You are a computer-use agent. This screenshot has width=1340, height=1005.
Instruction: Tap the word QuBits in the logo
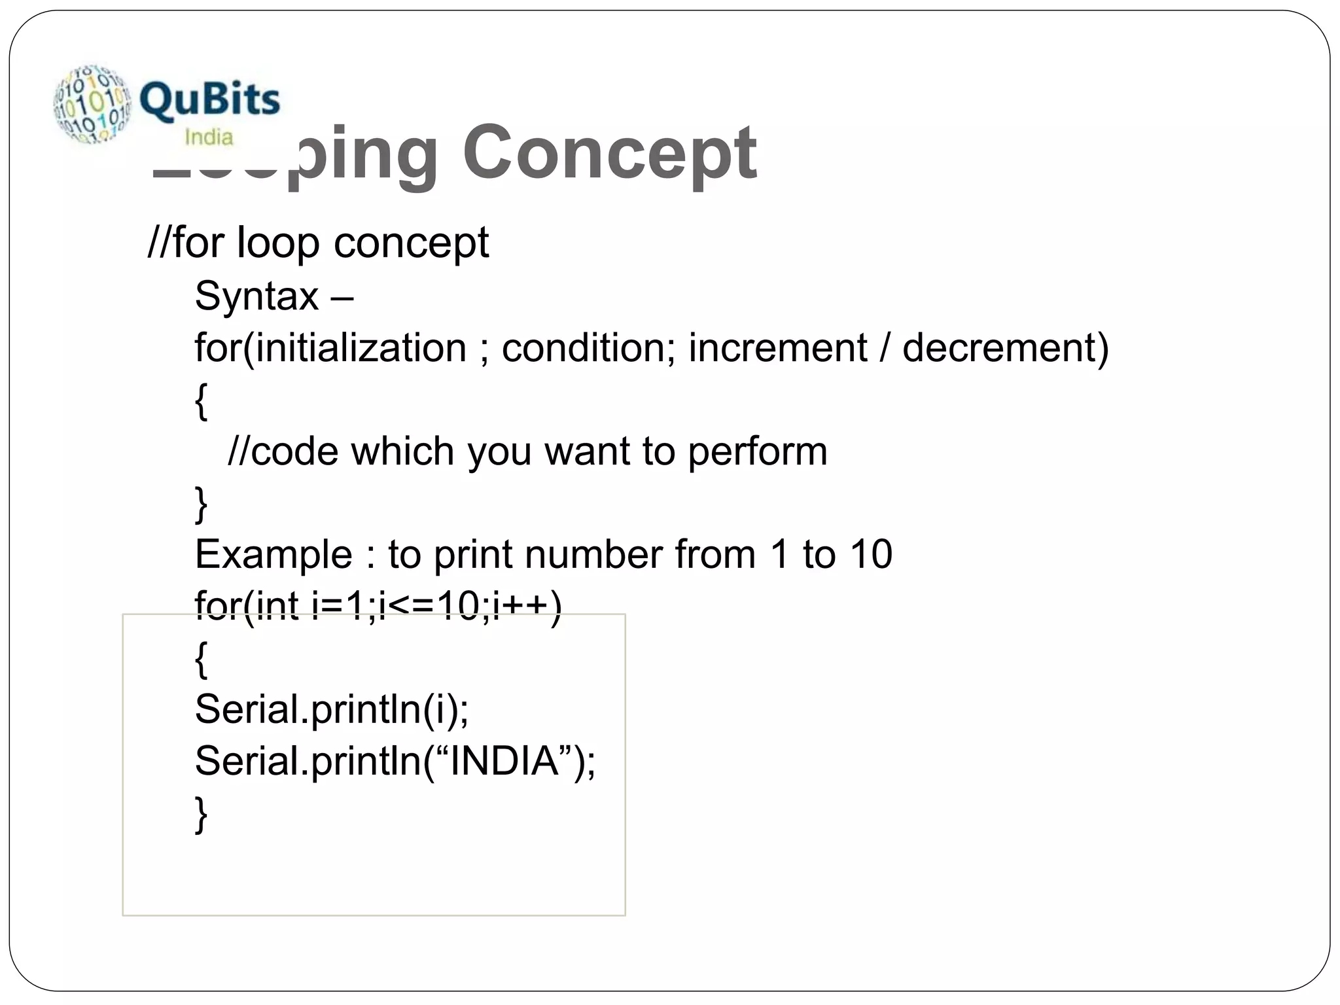click(x=209, y=100)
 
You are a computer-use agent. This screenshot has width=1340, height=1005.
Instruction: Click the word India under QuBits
click(x=209, y=137)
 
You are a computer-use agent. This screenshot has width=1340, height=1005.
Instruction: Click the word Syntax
click(x=256, y=296)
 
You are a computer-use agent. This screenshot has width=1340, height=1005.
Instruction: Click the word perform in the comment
click(x=757, y=451)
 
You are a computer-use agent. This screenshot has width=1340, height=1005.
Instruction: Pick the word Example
click(x=273, y=555)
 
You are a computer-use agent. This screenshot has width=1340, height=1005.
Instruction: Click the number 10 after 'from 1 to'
click(x=871, y=554)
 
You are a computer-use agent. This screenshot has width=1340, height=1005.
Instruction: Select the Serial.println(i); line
click(x=332, y=709)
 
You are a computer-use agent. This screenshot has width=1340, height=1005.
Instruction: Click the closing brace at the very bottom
click(x=202, y=814)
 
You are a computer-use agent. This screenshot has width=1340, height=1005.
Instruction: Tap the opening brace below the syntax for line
click(x=202, y=401)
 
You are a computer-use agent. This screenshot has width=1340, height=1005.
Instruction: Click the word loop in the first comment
click(x=277, y=243)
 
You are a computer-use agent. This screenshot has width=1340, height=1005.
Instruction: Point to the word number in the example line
click(x=593, y=555)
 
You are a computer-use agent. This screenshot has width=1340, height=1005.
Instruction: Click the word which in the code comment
click(x=402, y=451)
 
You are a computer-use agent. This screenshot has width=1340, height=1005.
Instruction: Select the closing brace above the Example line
click(x=202, y=504)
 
